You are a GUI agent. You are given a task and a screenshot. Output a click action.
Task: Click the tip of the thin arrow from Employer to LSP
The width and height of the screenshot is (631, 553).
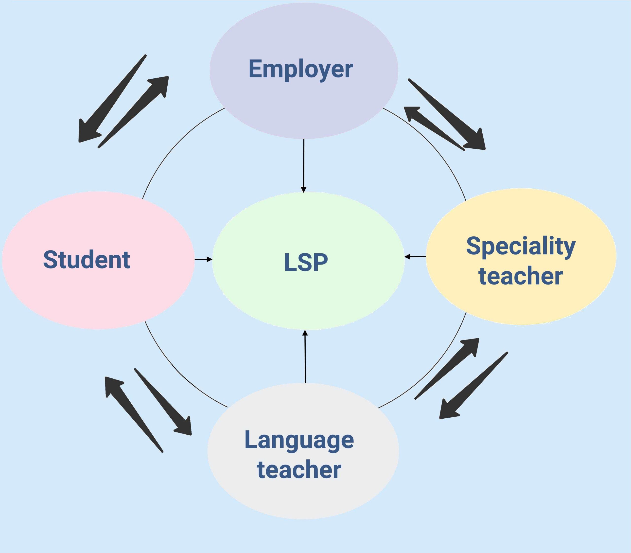[304, 193]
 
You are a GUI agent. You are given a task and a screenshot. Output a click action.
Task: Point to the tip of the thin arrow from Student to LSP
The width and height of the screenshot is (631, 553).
[212, 260]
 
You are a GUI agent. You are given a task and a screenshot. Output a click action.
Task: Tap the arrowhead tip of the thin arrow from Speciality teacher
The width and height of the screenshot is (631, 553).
[404, 256]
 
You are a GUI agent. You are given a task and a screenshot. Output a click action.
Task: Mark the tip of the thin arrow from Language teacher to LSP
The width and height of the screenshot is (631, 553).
[305, 330]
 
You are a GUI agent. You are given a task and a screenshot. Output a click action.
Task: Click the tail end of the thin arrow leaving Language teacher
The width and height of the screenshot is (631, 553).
[305, 383]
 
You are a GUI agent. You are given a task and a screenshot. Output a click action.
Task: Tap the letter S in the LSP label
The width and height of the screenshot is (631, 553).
[306, 262]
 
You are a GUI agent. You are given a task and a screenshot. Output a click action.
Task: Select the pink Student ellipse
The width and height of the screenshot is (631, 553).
[98, 260]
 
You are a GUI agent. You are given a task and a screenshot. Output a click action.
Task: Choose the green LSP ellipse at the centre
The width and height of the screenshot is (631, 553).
[308, 261]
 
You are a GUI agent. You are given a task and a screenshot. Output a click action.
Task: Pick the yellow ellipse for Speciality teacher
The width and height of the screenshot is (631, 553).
[521, 256]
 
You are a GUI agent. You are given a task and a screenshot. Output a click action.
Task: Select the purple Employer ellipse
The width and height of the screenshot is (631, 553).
[304, 71]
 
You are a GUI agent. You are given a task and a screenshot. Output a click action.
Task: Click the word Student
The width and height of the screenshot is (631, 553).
[87, 260]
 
